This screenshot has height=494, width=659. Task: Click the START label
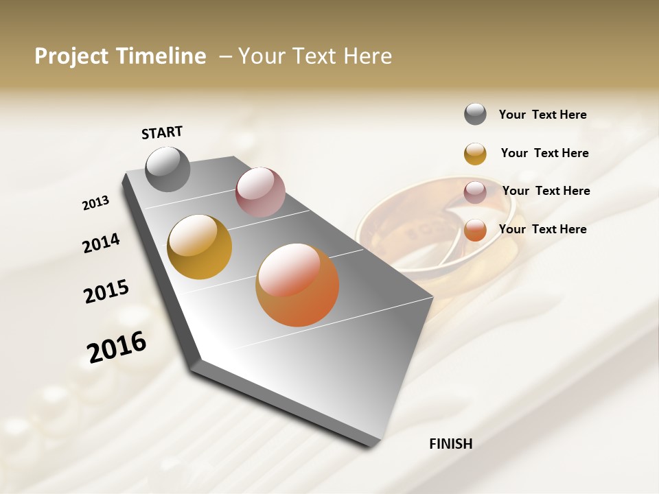162,132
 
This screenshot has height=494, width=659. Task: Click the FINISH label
450,444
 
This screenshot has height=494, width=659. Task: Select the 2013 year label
96,203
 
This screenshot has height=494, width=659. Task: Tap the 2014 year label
101,243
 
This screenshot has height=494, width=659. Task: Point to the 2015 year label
106,292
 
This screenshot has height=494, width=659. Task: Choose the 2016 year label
117,347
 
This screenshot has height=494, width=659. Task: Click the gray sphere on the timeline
167,169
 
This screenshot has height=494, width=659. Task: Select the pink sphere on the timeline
260,191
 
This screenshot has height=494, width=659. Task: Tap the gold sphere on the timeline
199,247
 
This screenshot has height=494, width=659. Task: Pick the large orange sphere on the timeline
297,285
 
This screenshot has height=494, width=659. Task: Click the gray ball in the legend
475,114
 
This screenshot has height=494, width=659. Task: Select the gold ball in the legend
475,153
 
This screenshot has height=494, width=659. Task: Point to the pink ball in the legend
475,192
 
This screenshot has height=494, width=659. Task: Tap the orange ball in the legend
475,231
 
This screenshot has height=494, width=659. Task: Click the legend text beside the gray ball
542,115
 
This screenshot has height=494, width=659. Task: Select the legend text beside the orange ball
542,229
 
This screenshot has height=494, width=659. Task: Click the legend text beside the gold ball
544,153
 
